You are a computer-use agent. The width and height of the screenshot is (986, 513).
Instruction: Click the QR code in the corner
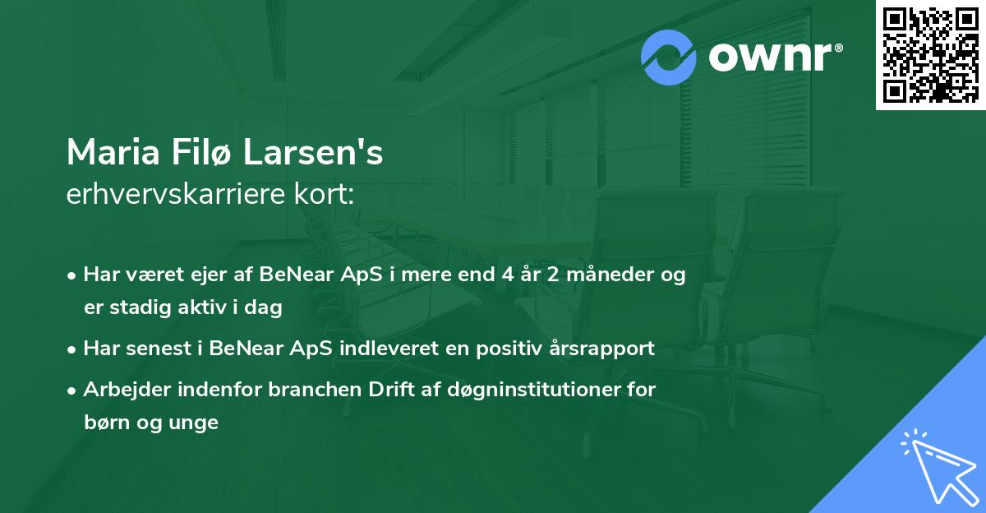[x=931, y=55]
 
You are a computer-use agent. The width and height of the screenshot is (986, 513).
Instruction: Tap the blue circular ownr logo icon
[x=669, y=57]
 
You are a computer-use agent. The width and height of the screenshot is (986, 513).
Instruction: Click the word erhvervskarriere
[x=180, y=195]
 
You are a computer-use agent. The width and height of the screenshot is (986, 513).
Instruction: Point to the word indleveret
[x=383, y=349]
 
